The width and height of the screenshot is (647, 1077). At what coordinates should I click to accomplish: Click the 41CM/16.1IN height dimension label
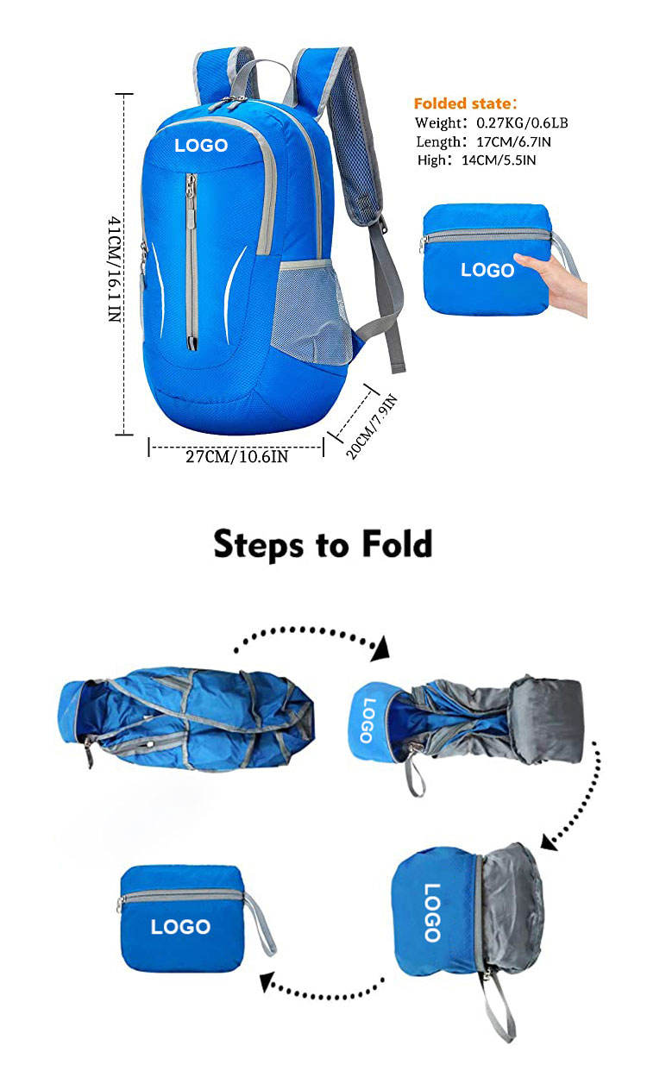pos(114,269)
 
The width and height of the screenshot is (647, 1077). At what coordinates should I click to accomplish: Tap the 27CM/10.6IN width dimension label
pos(236,456)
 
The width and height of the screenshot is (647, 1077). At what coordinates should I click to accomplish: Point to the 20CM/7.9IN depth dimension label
pos(372,426)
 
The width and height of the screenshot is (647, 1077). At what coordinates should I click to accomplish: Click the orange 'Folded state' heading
pos(465,103)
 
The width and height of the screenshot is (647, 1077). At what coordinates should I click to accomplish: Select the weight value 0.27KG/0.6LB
pos(522,123)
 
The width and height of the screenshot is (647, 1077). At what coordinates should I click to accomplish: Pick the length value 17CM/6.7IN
pos(514,141)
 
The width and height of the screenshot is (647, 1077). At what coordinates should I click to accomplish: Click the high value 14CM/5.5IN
pos(499,160)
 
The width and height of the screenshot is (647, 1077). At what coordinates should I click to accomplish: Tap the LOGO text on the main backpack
pos(201,145)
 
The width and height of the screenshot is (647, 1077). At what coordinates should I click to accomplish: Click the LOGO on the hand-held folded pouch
pos(487,270)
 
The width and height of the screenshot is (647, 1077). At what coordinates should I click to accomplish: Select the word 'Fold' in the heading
pos(396,544)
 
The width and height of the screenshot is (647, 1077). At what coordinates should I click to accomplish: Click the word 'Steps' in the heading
pos(258,545)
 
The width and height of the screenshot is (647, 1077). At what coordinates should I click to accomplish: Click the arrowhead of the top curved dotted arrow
pos(380,649)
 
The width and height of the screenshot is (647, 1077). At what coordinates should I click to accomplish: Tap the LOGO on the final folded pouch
pos(180,926)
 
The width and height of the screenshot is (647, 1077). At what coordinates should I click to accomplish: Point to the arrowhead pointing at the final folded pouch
pos(267,981)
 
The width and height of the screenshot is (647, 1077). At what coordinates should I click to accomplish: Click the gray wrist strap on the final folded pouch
pos(260,924)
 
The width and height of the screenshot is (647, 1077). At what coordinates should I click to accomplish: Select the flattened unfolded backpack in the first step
pos(185,718)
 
